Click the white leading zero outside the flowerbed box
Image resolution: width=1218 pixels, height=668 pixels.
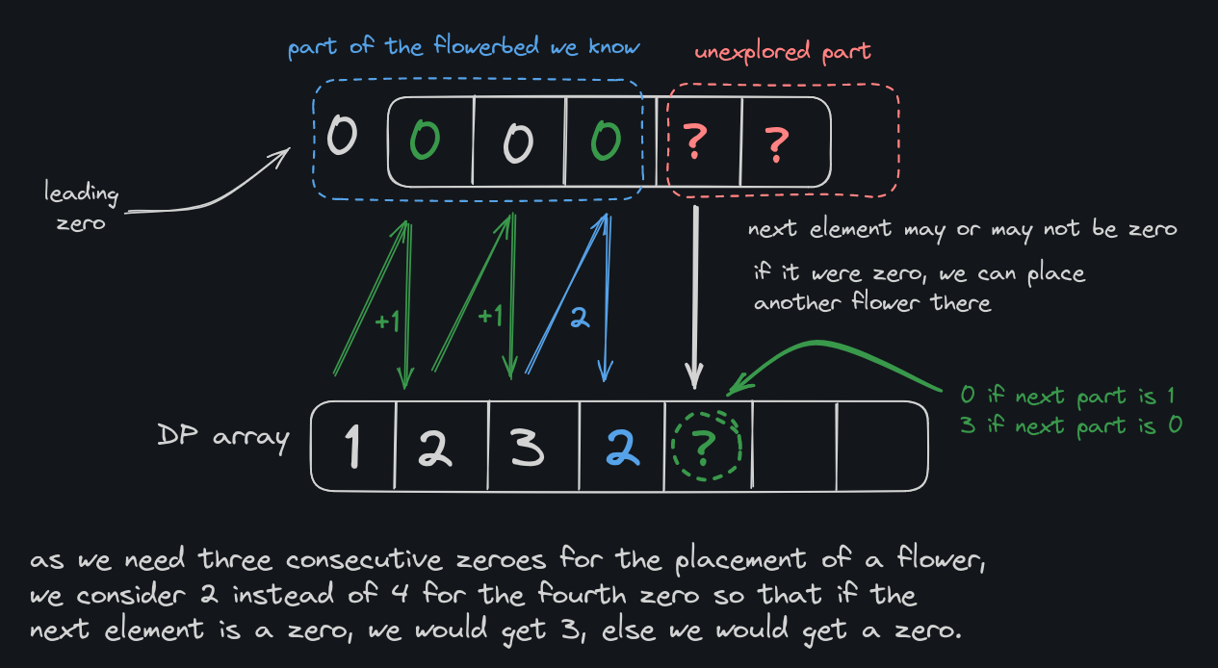coord(341,136)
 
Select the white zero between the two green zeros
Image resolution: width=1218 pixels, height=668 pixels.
coord(518,142)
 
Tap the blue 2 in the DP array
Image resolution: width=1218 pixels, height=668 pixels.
coord(622,446)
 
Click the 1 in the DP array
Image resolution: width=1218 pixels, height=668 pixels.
coord(353,446)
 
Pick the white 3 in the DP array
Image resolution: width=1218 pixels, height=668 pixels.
coord(527,446)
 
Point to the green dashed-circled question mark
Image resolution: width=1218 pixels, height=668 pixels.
coord(706,445)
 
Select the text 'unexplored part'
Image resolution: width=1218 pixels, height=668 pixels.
coord(782,51)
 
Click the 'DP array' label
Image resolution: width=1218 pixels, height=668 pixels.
coord(223,437)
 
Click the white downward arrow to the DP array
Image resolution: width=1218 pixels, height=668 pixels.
coord(695,298)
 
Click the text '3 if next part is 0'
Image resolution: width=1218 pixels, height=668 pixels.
coord(1071,424)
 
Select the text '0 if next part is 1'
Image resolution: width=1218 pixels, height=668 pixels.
coord(1068,396)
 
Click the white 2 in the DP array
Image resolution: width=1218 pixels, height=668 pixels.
coord(436,446)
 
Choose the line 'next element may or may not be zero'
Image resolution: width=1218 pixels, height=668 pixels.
coord(962,231)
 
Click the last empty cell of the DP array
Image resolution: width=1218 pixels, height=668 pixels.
coord(880,445)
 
